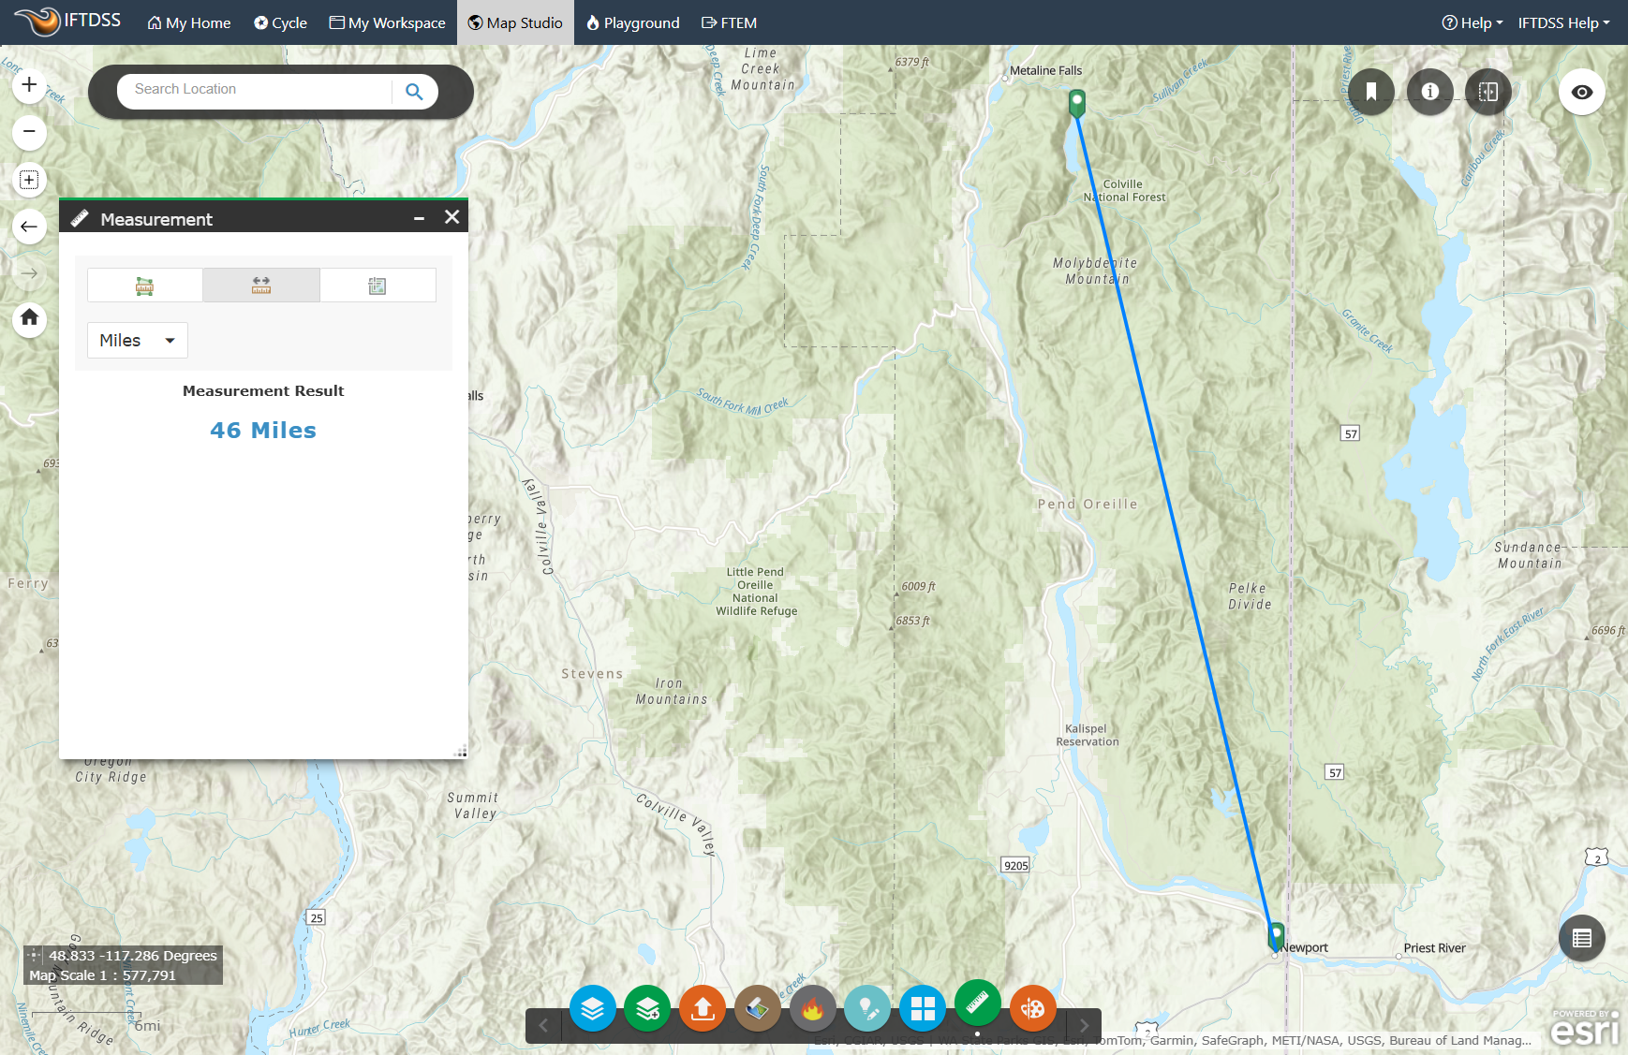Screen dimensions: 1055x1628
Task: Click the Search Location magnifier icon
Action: click(x=414, y=91)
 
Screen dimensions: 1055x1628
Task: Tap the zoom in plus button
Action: click(x=29, y=85)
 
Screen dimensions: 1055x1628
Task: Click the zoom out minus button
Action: click(x=29, y=132)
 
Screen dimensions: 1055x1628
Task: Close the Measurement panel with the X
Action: click(x=451, y=217)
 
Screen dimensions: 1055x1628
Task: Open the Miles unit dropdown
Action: click(x=138, y=340)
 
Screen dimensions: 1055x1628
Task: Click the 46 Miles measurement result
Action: click(x=263, y=430)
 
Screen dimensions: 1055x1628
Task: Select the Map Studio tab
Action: click(x=515, y=22)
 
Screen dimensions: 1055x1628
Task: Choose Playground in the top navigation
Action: click(x=632, y=22)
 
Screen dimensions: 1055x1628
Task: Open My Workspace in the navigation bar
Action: click(x=387, y=22)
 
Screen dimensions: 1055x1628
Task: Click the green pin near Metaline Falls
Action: click(x=1077, y=101)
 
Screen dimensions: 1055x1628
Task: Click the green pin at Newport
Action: click(x=1276, y=935)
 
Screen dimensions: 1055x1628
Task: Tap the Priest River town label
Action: click(x=1434, y=948)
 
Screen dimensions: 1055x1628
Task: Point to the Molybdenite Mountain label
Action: click(x=1095, y=271)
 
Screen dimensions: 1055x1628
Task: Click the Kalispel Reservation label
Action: click(x=1087, y=735)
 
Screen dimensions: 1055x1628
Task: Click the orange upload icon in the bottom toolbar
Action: click(x=703, y=1008)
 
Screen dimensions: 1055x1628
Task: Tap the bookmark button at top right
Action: click(x=1371, y=92)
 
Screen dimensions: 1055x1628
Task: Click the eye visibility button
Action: click(x=1581, y=92)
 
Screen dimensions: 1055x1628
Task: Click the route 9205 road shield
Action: click(x=1015, y=865)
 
